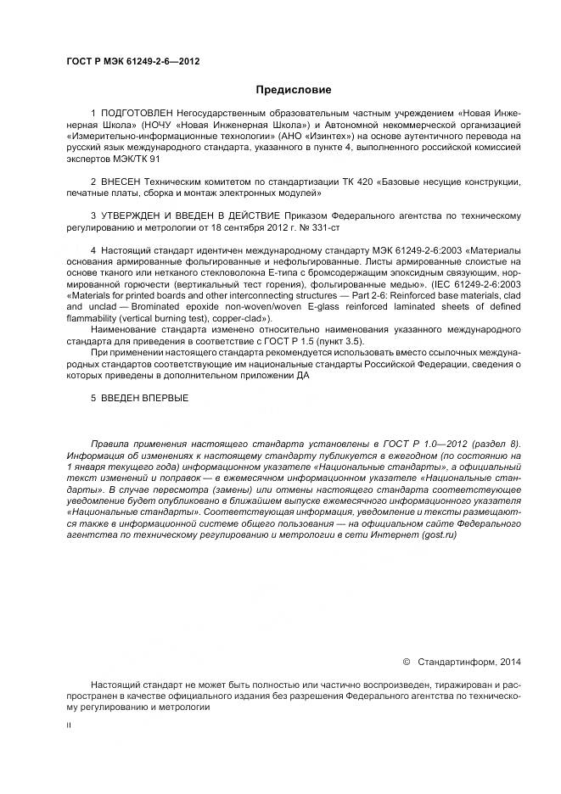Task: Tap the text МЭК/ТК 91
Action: pos(132,159)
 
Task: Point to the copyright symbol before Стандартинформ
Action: pos(406,661)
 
